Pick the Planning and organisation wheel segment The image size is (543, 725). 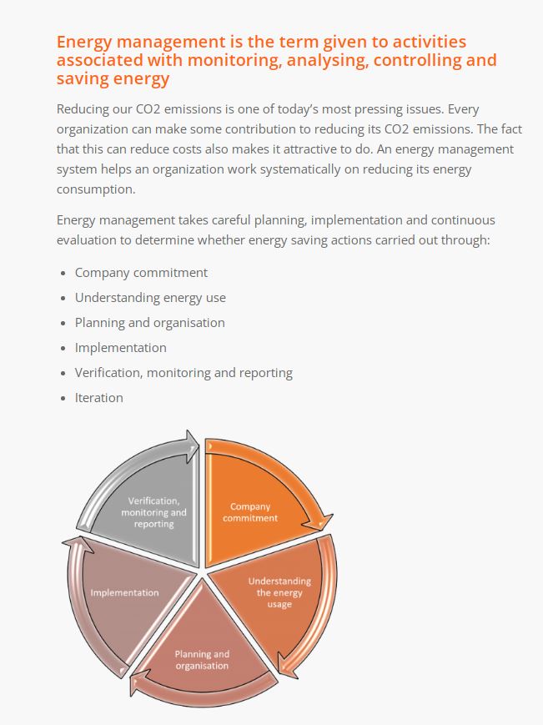click(x=204, y=657)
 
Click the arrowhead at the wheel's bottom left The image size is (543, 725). click(x=138, y=684)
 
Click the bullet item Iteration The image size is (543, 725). click(x=99, y=398)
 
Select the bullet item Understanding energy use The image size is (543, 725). click(x=150, y=298)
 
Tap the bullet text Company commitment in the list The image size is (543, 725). click(x=141, y=273)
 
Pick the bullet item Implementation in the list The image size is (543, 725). click(x=121, y=348)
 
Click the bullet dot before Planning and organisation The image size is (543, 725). click(x=63, y=323)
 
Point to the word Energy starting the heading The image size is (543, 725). click(x=84, y=43)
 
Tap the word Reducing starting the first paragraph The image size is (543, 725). click(x=83, y=109)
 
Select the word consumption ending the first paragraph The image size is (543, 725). click(x=96, y=189)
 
